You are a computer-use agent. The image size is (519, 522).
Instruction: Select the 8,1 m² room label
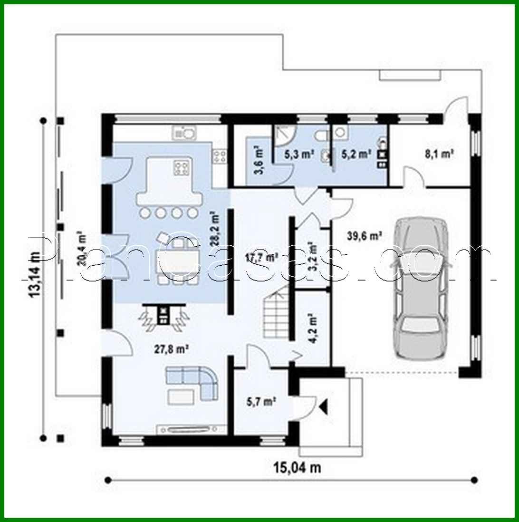pyautogui.click(x=438, y=154)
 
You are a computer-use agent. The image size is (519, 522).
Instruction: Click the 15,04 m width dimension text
pyautogui.click(x=297, y=467)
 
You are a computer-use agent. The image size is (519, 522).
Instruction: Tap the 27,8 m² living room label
pyautogui.click(x=172, y=349)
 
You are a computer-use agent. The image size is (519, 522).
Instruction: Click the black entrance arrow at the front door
pyautogui.click(x=324, y=406)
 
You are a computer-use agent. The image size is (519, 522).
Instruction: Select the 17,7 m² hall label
pyautogui.click(x=261, y=257)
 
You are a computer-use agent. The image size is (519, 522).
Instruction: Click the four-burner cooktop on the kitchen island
pyautogui.click(x=183, y=168)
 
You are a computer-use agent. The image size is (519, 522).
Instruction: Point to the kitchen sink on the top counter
pyautogui.click(x=184, y=133)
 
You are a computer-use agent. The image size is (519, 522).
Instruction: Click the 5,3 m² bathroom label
pyautogui.click(x=298, y=154)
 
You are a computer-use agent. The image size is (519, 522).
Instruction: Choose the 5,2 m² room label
pyautogui.click(x=356, y=154)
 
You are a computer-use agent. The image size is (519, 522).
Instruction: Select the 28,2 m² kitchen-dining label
pyautogui.click(x=217, y=223)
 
